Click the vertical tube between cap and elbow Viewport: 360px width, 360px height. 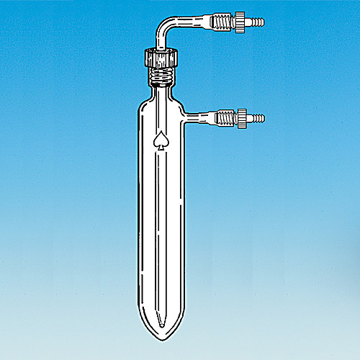[x=159, y=40]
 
